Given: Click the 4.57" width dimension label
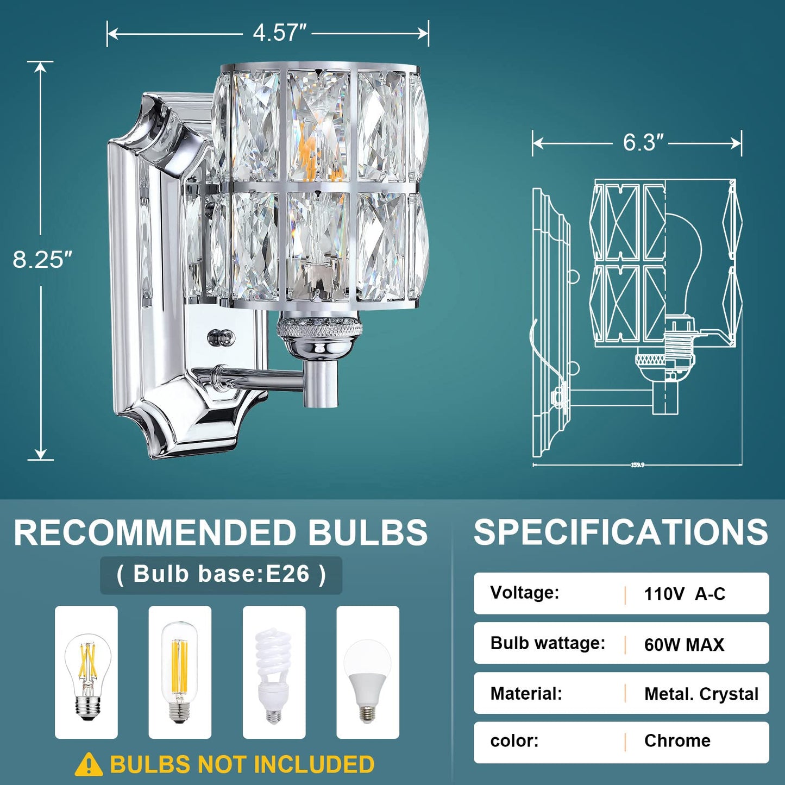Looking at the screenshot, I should click(x=279, y=33).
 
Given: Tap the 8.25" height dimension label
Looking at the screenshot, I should click(x=42, y=260).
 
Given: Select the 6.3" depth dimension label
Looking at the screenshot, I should click(x=643, y=142).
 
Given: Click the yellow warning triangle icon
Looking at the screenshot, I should click(x=89, y=765).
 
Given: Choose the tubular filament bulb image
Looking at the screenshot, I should click(x=179, y=672).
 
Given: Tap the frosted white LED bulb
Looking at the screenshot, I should click(x=368, y=680).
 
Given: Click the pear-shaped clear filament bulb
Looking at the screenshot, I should click(x=86, y=676).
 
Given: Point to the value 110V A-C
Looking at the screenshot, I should click(x=684, y=594).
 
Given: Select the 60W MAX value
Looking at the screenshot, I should click(x=684, y=645).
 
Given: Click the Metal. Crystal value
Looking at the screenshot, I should click(x=701, y=694).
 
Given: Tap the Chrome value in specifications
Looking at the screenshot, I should click(x=677, y=740).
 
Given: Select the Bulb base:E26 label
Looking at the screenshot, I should click(x=221, y=574).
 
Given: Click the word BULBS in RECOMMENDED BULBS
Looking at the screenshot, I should click(x=368, y=532).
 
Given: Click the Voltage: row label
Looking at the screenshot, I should click(x=524, y=592).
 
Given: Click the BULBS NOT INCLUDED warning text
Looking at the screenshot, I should click(x=242, y=765).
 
